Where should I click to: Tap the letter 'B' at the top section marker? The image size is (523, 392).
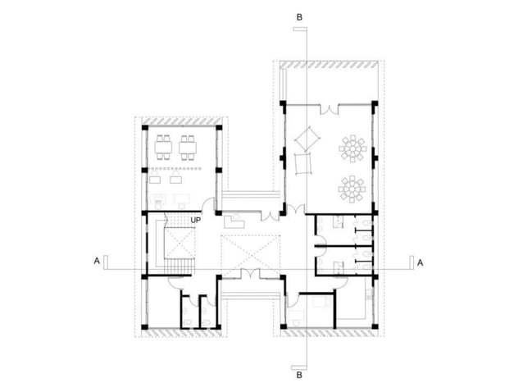(300, 16)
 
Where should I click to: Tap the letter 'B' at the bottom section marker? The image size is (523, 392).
(300, 376)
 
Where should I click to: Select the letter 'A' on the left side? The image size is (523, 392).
(97, 262)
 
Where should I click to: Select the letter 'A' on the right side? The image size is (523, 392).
(421, 262)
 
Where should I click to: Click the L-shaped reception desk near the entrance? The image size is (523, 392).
(234, 221)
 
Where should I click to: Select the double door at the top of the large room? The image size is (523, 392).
(327, 107)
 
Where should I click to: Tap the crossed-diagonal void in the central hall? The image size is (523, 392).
(251, 254)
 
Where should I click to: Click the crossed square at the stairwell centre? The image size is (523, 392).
(180, 244)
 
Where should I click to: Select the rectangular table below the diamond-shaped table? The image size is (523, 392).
(302, 166)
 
